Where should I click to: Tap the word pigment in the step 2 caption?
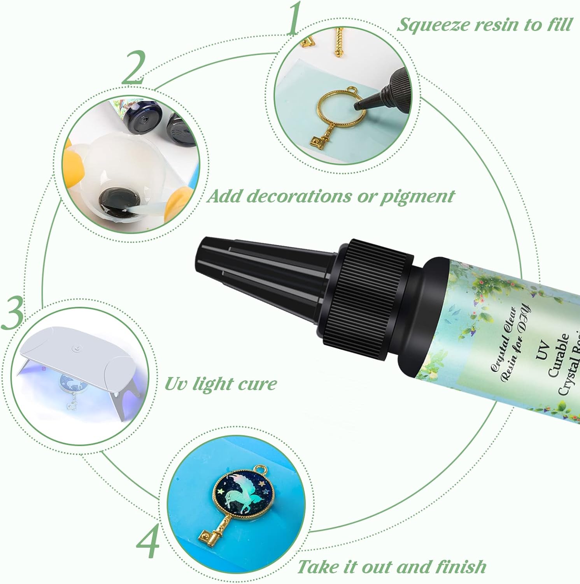[x=417, y=196]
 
